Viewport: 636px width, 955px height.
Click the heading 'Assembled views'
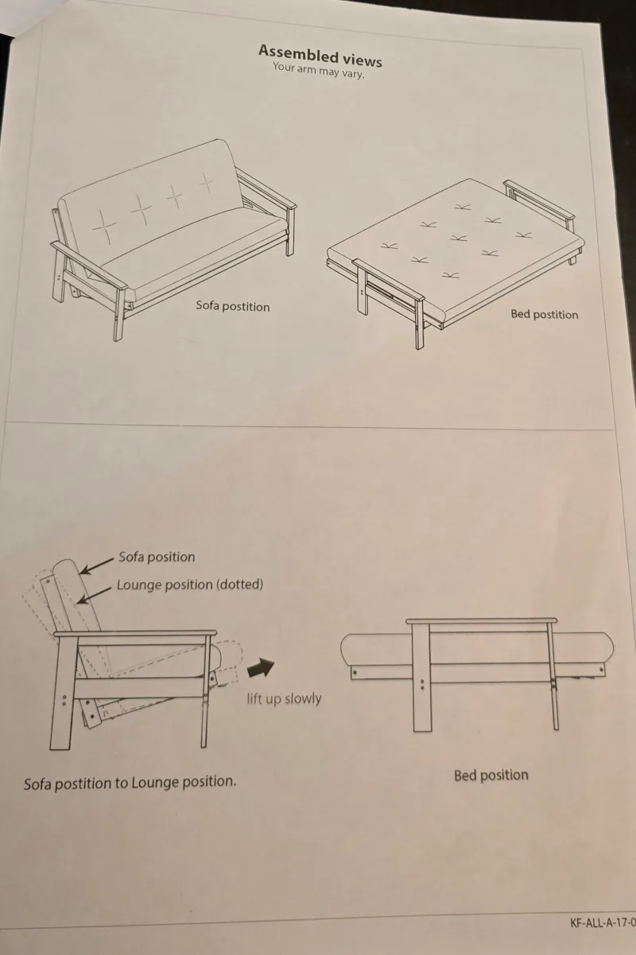point(320,56)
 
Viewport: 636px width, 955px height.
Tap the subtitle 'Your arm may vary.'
point(319,70)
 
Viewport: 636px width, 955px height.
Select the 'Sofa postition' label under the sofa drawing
point(233,306)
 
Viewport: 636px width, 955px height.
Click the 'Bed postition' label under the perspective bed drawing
point(545,314)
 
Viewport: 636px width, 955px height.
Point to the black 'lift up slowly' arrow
point(261,667)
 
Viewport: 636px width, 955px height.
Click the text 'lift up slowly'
point(284,698)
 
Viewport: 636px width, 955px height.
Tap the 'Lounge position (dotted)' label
point(190,584)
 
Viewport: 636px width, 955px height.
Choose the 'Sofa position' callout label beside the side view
point(157,557)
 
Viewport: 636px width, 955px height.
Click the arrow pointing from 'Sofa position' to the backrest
point(97,565)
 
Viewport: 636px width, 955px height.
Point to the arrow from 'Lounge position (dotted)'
point(95,595)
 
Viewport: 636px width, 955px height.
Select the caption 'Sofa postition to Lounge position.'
point(130,782)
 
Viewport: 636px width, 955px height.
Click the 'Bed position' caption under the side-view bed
point(491,775)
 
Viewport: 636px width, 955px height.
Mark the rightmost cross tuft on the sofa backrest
point(207,184)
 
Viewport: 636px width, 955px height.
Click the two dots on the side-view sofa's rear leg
point(64,701)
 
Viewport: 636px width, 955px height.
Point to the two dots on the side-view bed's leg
point(422,685)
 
